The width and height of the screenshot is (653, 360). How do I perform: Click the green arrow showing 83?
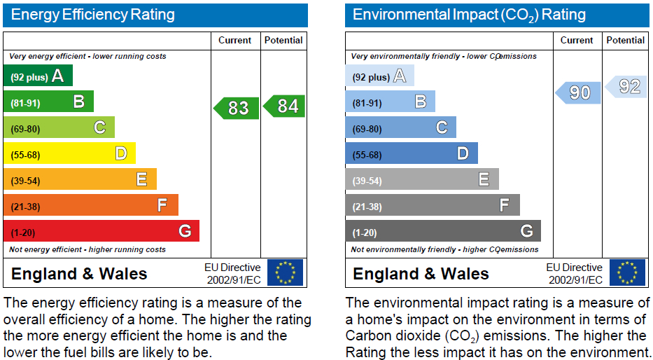pos(237,109)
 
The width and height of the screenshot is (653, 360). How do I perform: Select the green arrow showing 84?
pos(284,106)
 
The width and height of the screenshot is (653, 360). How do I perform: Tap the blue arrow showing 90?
pos(578,92)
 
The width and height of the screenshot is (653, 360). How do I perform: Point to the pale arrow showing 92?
pos(628,87)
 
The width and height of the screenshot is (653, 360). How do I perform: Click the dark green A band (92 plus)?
pos(38,76)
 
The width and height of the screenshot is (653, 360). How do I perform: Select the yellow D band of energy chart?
pos(69,153)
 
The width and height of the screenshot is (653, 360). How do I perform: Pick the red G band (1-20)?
pos(101,231)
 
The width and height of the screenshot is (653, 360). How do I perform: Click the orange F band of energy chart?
pos(91,205)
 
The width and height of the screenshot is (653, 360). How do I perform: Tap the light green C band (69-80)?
pos(59,127)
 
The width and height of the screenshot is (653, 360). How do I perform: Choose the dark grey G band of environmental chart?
pos(443,231)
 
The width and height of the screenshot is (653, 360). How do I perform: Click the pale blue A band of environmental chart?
pos(380,76)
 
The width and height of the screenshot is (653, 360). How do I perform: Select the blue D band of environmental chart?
pos(412,153)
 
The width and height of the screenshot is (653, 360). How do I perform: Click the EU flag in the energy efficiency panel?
pos(286,272)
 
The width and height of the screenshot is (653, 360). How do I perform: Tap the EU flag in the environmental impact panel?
pos(627,272)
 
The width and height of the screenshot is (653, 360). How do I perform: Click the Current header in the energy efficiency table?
pos(235,41)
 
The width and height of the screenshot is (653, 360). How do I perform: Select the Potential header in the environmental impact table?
pos(626,41)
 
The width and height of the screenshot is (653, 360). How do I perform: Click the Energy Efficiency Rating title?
pos(92,15)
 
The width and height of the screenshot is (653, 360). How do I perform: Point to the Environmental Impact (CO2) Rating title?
pos(469,15)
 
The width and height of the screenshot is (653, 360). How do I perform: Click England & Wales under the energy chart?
pos(79,274)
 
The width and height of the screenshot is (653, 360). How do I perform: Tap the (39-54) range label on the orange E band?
pos(25,181)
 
